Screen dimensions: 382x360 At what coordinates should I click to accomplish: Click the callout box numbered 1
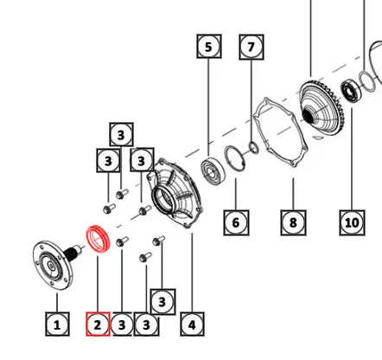pos(57,325)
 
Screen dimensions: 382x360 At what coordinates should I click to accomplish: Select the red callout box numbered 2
pos(98,325)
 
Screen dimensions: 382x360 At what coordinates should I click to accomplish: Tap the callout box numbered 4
pos(192,325)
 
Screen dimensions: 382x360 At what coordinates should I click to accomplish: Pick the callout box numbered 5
pos(209,46)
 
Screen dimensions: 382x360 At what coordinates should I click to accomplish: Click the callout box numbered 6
pos(236,222)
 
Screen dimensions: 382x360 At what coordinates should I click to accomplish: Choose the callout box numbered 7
pos(251,47)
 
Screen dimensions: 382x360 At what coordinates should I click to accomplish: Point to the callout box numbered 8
pos(293,222)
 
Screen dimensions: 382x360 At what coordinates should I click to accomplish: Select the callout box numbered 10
pos(352,222)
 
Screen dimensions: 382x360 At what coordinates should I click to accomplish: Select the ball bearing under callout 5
pos(213,171)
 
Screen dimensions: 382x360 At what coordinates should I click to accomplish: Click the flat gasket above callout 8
pos(258,124)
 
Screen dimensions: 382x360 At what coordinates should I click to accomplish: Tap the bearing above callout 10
pos(351,92)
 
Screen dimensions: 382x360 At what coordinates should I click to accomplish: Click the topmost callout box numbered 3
pos(121,135)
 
